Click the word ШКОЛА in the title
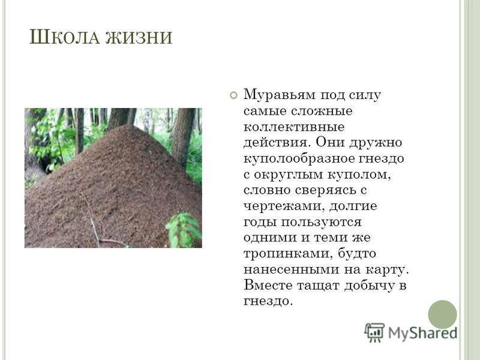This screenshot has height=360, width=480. tap(65, 37)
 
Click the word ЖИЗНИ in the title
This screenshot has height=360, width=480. tap(139, 37)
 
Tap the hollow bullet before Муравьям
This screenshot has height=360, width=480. tap(233, 95)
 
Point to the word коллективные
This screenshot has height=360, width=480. tap(294, 127)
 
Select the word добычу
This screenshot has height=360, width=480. tap(369, 286)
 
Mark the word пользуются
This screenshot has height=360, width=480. tap(321, 222)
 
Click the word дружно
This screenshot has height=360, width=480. tap(376, 143)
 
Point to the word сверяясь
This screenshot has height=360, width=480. tap(325, 190)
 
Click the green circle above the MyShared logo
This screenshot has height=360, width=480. tap(442, 314)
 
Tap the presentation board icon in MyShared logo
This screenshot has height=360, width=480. tap(374, 332)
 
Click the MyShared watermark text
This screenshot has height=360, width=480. tap(423, 333)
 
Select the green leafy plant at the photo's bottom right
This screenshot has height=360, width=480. tap(184, 230)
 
